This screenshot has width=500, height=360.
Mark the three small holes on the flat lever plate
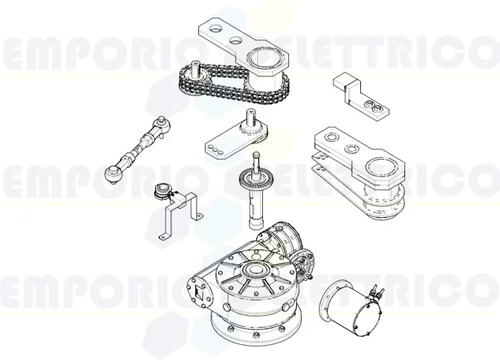(x=215, y=148)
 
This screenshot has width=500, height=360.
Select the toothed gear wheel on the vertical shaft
(x=257, y=177)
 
